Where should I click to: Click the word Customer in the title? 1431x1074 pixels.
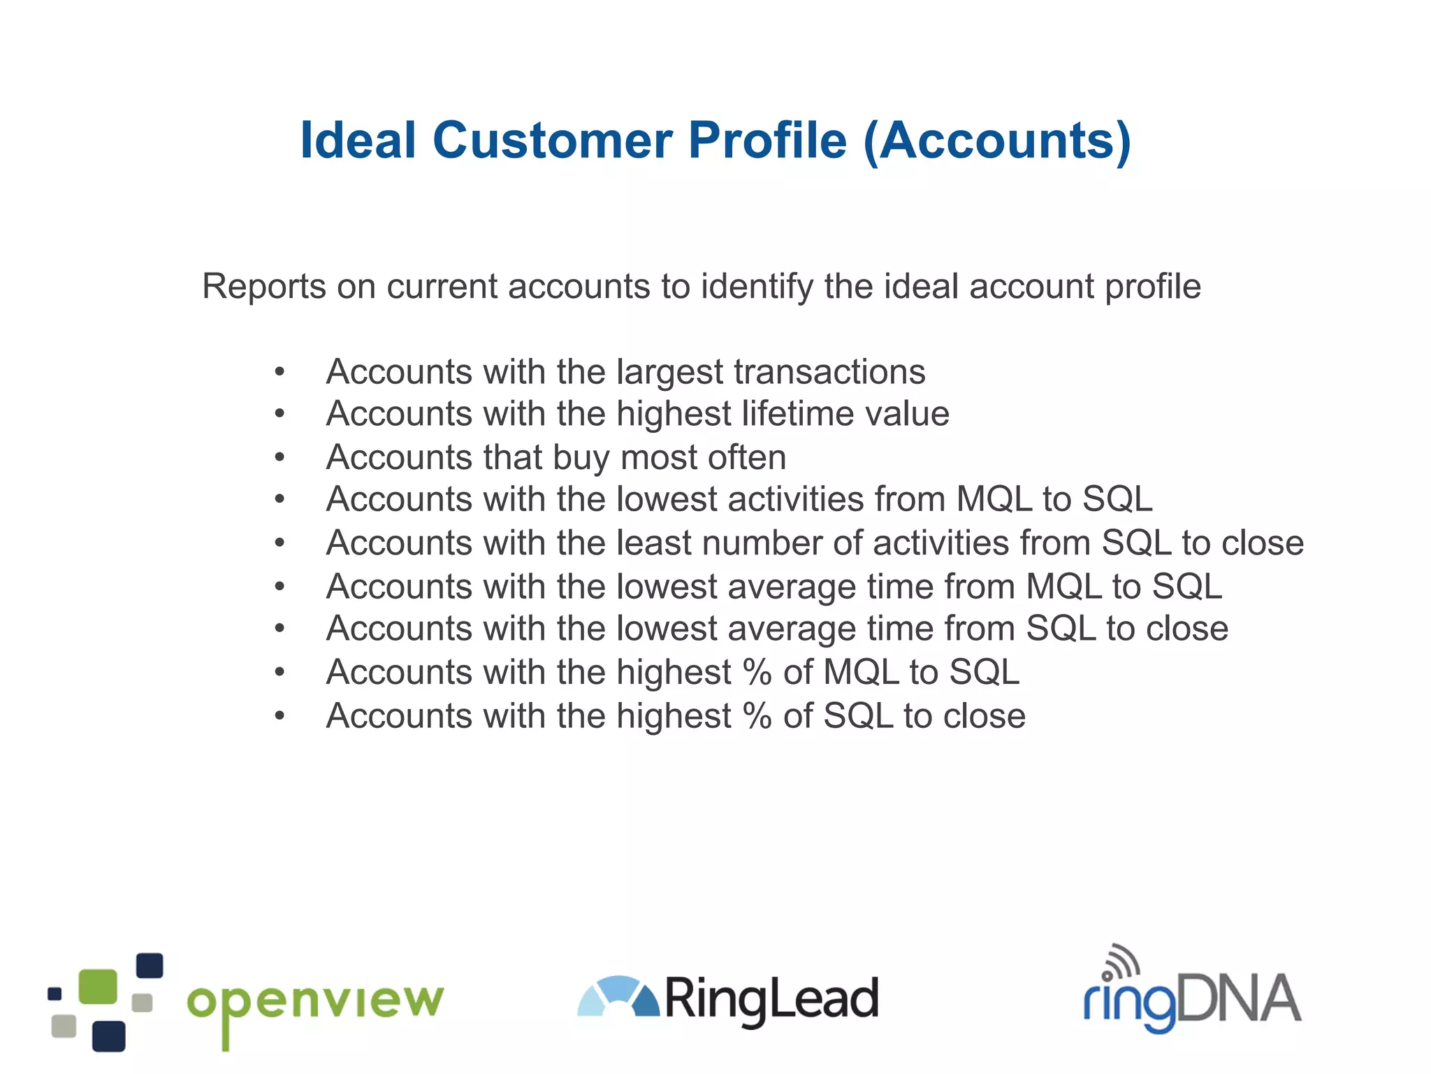point(552,141)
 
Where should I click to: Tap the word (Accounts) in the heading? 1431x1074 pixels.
point(996,142)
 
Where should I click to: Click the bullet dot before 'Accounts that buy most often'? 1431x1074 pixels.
point(279,458)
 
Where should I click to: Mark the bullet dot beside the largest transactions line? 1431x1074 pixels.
point(279,372)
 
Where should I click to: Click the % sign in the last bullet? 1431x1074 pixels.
point(757,715)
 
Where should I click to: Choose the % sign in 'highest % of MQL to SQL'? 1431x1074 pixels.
point(757,672)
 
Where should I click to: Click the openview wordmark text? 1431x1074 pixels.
point(315,1003)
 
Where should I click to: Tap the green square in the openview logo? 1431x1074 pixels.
point(98,987)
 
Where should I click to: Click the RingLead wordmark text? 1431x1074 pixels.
point(771,999)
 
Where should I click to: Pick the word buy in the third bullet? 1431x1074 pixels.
point(581,457)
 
